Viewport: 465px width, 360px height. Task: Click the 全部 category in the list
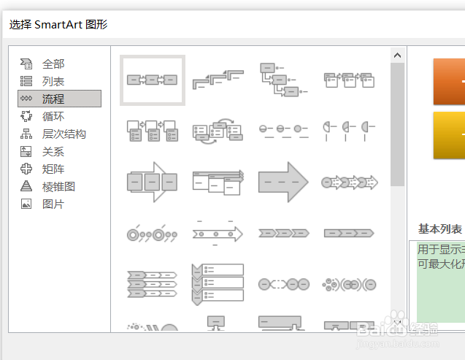coord(53,64)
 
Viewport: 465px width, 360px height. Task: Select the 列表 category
coord(53,81)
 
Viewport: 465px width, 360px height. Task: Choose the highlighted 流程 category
coord(53,99)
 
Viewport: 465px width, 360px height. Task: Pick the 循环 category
coord(53,116)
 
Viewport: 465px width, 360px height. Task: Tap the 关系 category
coord(53,151)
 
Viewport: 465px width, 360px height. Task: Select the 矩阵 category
coord(53,169)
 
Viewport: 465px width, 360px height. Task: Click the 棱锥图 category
coord(58,186)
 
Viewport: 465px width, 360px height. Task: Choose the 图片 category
coord(53,204)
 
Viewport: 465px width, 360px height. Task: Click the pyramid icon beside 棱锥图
coord(26,186)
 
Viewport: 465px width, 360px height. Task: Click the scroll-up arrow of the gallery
coord(398,55)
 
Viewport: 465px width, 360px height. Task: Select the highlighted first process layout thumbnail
coord(153,80)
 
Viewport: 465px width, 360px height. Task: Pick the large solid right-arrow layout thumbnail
coord(283,182)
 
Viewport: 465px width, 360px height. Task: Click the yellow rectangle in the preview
coord(449,135)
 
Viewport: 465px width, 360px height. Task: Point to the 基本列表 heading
coord(440,229)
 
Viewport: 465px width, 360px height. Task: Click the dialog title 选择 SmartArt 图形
coord(58,24)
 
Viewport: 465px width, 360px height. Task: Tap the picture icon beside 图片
coord(26,204)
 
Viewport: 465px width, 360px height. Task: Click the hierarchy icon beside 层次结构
coord(26,134)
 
